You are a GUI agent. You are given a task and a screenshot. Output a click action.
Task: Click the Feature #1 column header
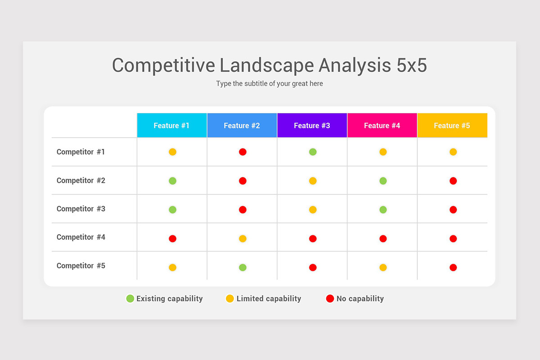pos(172,126)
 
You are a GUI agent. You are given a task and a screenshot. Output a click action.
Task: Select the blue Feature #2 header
pos(242,126)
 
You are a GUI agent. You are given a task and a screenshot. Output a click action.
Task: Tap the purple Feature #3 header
pos(312,126)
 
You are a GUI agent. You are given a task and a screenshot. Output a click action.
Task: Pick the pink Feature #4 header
pos(382,126)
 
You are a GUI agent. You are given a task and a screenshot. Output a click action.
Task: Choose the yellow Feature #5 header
pos(452,126)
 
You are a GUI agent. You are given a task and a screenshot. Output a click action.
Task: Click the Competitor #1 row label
pos(81,152)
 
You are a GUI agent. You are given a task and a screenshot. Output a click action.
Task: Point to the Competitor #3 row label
pos(81,209)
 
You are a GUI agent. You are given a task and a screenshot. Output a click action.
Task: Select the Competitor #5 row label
pos(81,266)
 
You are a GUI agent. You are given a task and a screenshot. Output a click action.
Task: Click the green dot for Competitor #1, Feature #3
pos(313,152)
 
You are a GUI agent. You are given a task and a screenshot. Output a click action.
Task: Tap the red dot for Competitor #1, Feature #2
pos(243,152)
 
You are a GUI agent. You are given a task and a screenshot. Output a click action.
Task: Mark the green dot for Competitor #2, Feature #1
pos(172,181)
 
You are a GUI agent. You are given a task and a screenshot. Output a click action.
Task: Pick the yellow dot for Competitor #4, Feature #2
pos(243,238)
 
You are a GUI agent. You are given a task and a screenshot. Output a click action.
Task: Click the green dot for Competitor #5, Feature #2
pos(243,267)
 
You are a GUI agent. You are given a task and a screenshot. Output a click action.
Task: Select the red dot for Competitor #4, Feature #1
pos(172,238)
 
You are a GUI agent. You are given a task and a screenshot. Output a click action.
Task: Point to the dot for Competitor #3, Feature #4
pos(383,210)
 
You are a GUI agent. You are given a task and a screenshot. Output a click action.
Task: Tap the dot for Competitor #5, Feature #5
pos(453,267)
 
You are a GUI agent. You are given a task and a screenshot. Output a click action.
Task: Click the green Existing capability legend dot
pos(130,298)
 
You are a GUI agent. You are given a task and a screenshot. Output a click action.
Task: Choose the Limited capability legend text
pos(269,298)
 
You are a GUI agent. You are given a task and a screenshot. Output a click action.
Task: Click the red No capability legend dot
pos(330,298)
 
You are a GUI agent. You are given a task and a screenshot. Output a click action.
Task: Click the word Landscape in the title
pos(267,65)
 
